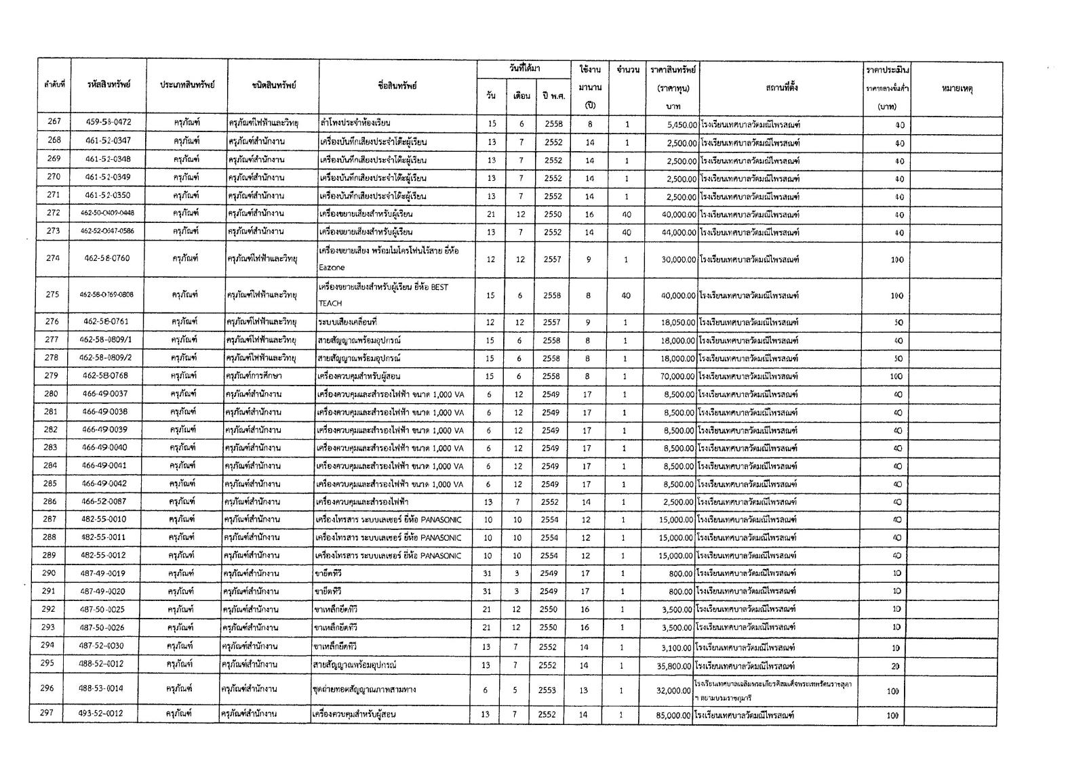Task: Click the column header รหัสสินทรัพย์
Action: tap(108, 85)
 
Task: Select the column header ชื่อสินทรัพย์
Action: tap(398, 86)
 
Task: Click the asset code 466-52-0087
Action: tap(104, 502)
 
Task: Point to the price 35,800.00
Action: tap(675, 666)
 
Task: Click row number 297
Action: tap(47, 713)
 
